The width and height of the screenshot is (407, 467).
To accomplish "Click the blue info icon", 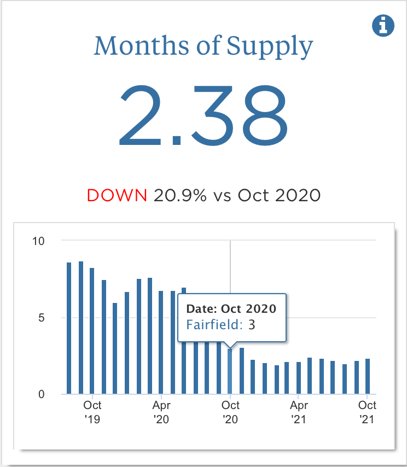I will [x=383, y=25].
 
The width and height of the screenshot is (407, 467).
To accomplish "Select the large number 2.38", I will [x=203, y=116].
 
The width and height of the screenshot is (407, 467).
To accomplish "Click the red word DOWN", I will [x=117, y=195].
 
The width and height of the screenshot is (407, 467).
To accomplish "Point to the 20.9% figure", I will [x=180, y=195].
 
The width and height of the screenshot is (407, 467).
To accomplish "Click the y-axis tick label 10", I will [x=39, y=241].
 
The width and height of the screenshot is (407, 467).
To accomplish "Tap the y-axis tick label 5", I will [x=42, y=318].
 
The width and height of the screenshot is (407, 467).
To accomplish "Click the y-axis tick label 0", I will [x=42, y=394].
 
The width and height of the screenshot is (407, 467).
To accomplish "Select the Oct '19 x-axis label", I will [x=92, y=412].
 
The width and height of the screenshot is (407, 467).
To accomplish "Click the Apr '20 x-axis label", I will [x=161, y=412].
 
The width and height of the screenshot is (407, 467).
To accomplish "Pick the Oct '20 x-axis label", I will [x=230, y=412].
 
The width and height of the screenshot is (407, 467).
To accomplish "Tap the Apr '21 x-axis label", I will [x=299, y=412].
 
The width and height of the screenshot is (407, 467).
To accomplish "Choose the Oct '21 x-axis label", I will [x=367, y=412].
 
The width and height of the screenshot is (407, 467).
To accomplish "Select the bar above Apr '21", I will [x=298, y=378].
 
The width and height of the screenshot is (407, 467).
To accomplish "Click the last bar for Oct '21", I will [x=368, y=376].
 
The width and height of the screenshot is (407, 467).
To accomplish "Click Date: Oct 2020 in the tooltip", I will [x=231, y=308].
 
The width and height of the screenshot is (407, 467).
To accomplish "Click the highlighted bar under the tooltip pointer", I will [x=230, y=372].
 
